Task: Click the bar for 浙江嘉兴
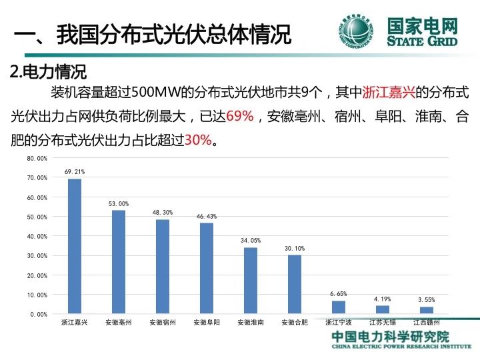pyautogui.click(x=75, y=246)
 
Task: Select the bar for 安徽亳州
pyautogui.click(x=119, y=261)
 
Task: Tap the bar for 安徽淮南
pyautogui.click(x=251, y=280)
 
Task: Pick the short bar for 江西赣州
pyautogui.click(x=427, y=310)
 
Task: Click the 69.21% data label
pyautogui.click(x=75, y=172)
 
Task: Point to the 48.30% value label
pyautogui.click(x=163, y=213)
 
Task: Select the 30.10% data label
pyautogui.click(x=295, y=249)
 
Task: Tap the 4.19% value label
pyautogui.click(x=383, y=299)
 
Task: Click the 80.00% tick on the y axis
pyautogui.click(x=37, y=158)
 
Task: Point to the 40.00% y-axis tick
pyautogui.click(x=37, y=236)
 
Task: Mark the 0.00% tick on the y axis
pyautogui.click(x=39, y=314)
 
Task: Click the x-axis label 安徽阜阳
pyautogui.click(x=207, y=323)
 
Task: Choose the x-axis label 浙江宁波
pyautogui.click(x=339, y=323)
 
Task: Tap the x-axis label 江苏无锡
pyautogui.click(x=383, y=323)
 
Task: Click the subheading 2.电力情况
pyautogui.click(x=48, y=71)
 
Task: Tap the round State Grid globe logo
pyautogui.click(x=355, y=31)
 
